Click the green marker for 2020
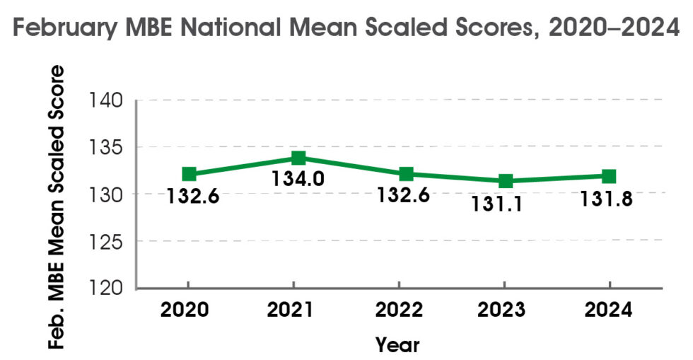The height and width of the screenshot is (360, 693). (189, 174)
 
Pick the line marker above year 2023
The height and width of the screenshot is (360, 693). (506, 181)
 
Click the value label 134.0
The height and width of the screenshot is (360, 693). (298, 178)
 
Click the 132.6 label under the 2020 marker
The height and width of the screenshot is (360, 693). (192, 195)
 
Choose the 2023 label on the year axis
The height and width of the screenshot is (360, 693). (503, 310)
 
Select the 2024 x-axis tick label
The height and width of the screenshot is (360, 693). (608, 310)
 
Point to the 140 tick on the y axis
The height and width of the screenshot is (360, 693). (107, 101)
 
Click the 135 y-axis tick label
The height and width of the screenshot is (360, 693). (107, 149)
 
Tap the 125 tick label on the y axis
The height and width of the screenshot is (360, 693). (107, 243)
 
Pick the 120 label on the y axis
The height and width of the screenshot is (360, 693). (107, 289)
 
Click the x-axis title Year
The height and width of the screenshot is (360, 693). (397, 344)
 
